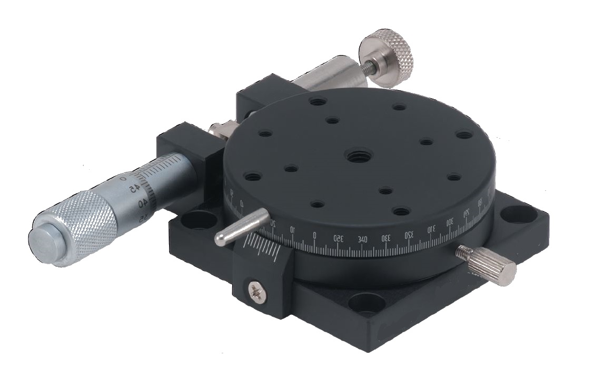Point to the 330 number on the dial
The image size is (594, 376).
click(386, 238)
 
